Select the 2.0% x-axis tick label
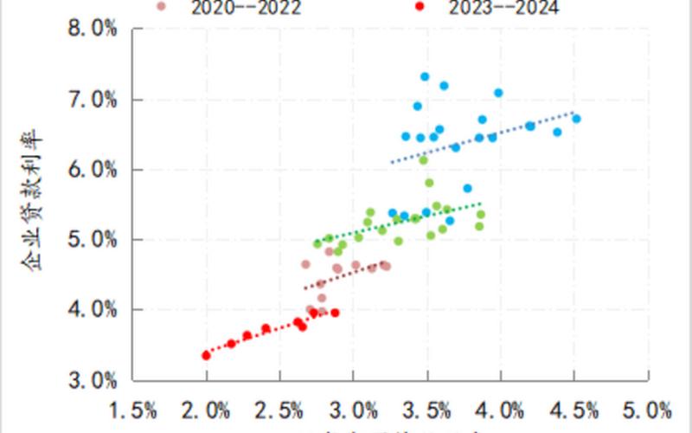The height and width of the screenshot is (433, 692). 206,408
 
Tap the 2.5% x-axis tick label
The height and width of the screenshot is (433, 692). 279,408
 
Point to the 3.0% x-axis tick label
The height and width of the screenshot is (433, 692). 353,408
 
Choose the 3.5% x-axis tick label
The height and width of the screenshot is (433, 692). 426,408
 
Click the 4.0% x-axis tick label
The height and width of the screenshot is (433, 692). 500,408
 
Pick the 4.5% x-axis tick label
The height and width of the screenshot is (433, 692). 573,408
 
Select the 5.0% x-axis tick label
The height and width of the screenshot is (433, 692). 647,408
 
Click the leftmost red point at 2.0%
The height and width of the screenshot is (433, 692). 206,355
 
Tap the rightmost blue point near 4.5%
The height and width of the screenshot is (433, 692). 576,119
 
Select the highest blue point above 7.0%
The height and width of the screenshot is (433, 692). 425,76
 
